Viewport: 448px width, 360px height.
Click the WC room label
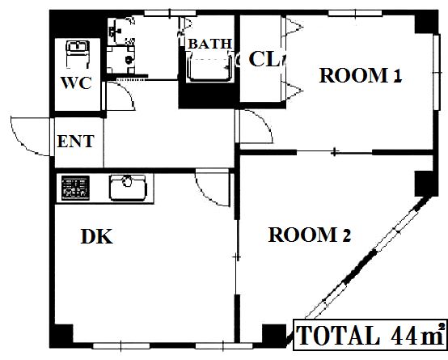76,83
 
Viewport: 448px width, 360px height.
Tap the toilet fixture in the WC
78,53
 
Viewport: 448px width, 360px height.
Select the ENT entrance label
76,142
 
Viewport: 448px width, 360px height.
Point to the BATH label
209,44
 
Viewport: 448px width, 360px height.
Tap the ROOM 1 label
361,75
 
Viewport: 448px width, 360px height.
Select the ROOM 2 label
310,235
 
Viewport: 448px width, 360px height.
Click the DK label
96,236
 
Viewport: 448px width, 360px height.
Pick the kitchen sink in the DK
128,188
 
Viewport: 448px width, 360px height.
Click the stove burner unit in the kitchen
75,188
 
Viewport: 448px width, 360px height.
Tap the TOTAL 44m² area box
370,335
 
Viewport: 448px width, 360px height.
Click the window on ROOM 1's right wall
437,72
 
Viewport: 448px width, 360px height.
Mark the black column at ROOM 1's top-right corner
426,23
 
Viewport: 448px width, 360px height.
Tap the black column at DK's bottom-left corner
61,335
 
